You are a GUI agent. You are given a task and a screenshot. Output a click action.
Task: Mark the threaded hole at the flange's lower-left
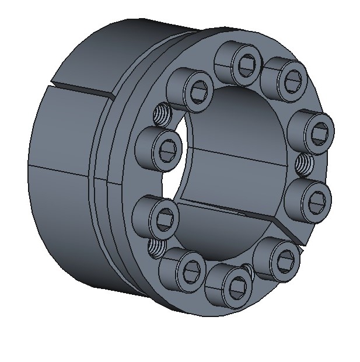[158, 249]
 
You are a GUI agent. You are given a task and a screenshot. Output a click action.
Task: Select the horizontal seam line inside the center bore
[233, 154]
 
